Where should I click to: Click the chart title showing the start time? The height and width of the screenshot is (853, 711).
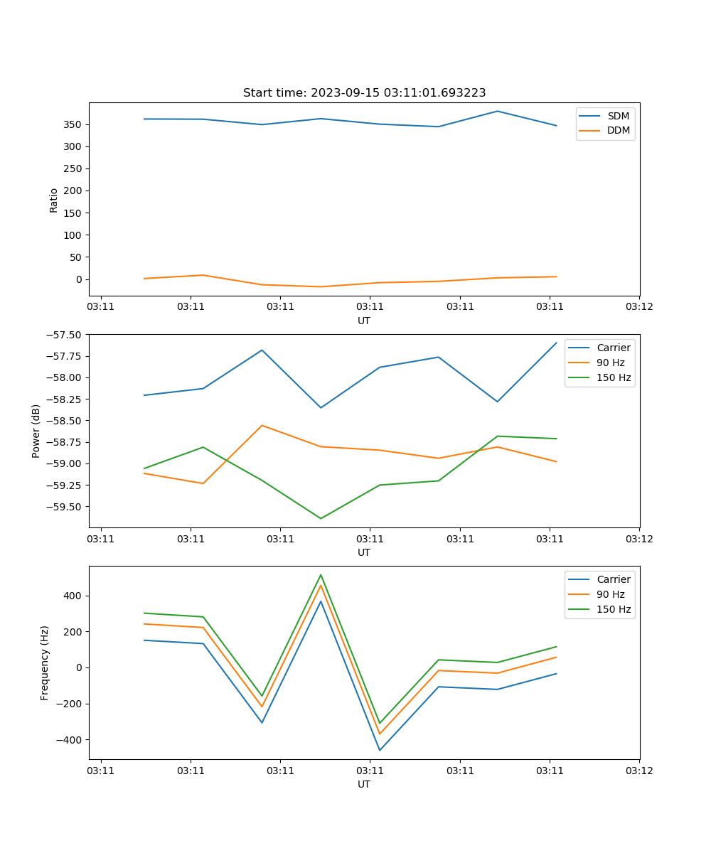point(364,93)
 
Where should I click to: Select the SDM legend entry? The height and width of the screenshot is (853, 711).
point(618,116)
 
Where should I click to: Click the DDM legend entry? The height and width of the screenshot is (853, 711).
point(618,131)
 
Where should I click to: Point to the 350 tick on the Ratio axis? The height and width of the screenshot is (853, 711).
point(73,124)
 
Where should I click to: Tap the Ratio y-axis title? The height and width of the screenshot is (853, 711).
point(54,200)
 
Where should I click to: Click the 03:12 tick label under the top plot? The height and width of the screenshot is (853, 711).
point(638,307)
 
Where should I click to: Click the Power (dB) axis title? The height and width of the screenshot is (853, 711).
point(36,431)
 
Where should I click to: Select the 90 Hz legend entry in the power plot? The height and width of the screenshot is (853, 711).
point(610,363)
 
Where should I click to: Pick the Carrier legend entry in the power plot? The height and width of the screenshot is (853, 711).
point(613,348)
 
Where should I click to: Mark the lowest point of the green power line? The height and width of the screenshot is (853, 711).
point(321,518)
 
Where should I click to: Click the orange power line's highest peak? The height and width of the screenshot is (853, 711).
point(262,425)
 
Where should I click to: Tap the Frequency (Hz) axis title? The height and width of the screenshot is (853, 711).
point(45,662)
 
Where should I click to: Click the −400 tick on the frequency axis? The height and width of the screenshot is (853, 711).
point(68,739)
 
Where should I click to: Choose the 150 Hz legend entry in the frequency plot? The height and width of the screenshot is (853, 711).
point(613,609)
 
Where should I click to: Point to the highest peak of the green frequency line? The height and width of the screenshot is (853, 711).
point(321,574)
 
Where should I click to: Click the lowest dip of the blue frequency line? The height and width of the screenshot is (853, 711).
point(380,750)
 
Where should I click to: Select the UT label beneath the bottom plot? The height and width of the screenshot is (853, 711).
point(364,784)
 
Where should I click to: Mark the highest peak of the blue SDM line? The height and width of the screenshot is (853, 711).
point(498,111)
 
